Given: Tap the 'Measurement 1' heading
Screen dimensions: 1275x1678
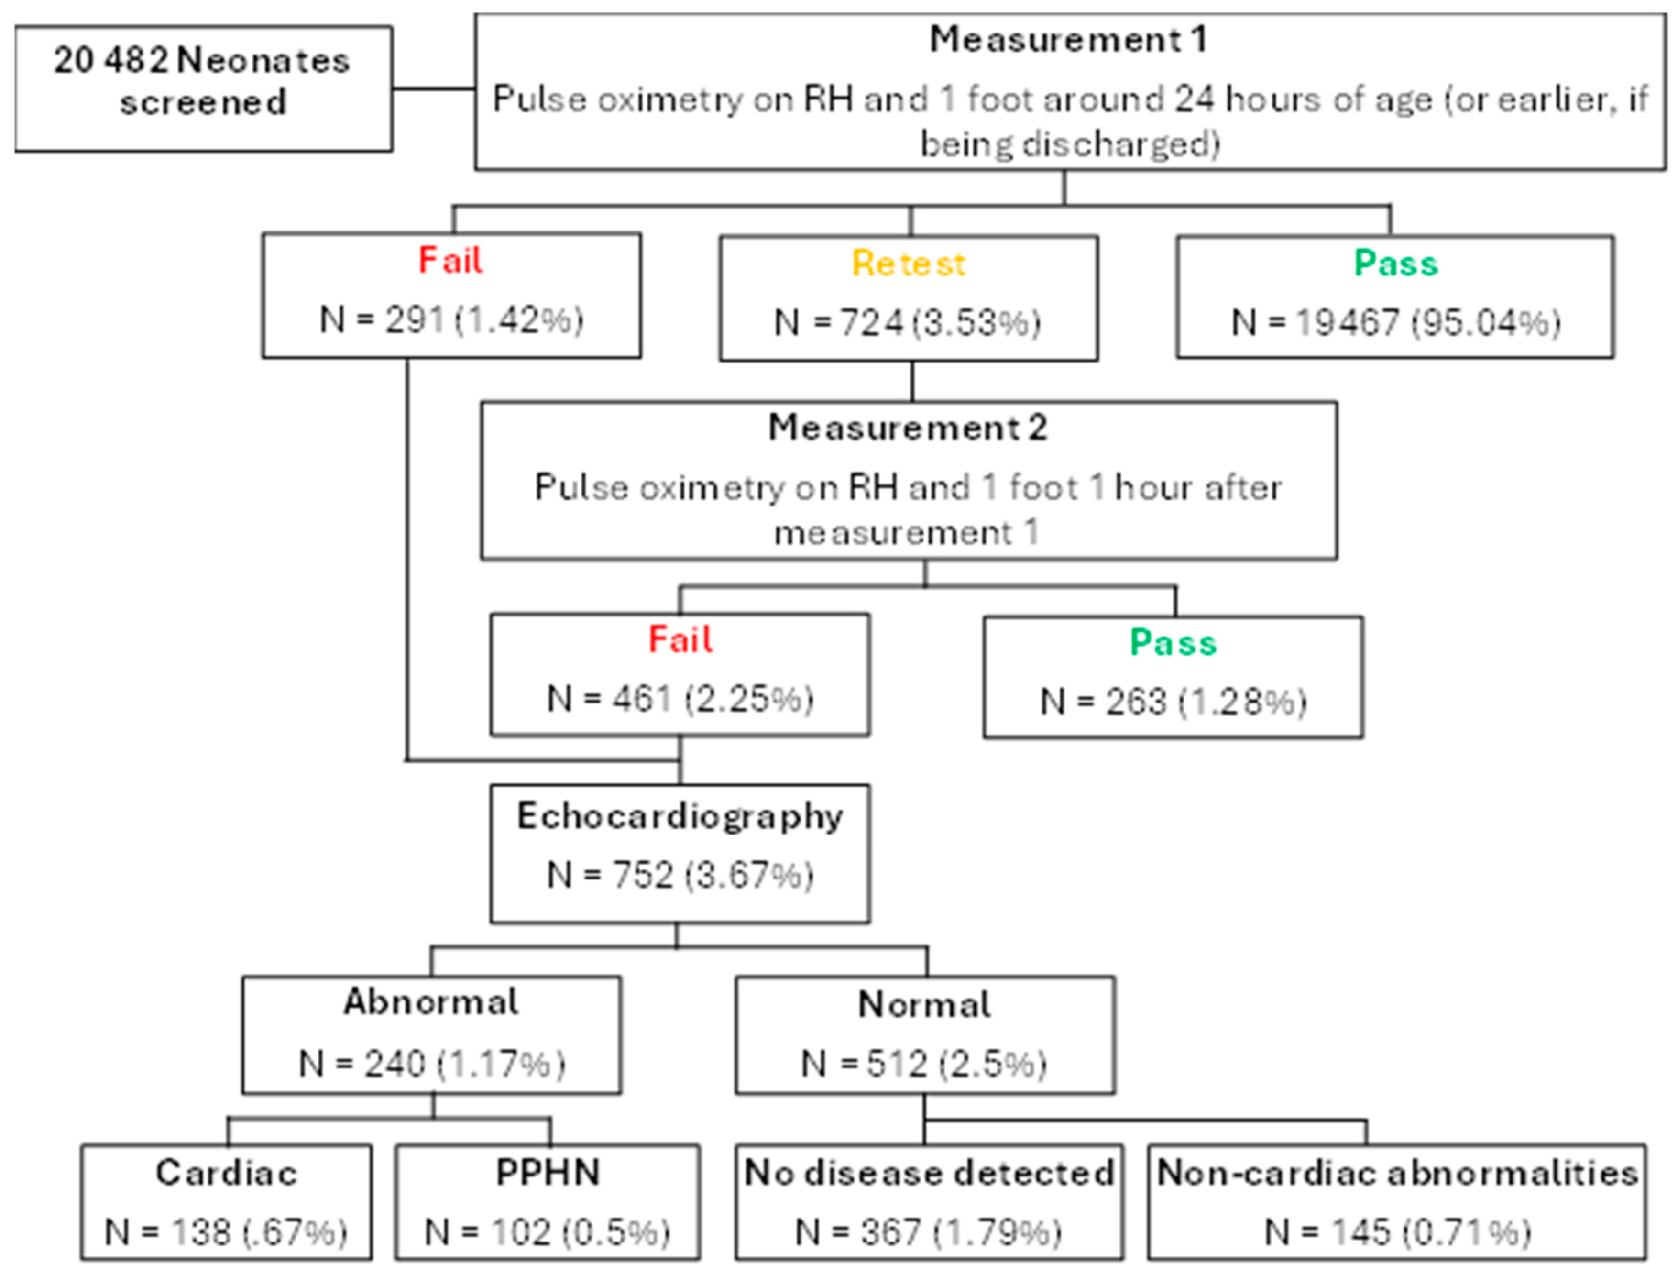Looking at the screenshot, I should tap(1069, 40).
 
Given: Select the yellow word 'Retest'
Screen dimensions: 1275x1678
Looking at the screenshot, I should tap(909, 264).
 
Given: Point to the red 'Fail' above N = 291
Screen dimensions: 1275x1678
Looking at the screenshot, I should tap(451, 260).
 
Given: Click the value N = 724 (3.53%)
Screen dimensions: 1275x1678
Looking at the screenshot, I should tap(908, 322).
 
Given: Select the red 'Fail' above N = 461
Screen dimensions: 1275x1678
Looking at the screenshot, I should tap(680, 640).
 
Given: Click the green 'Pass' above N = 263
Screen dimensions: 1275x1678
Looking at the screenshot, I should tap(1174, 643).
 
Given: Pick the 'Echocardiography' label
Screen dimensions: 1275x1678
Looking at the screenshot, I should tap(680, 817).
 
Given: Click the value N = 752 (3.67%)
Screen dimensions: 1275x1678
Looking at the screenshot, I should tap(680, 875).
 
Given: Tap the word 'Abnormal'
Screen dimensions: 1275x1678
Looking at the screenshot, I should tap(431, 1002).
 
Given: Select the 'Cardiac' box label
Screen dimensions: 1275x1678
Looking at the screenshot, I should tap(226, 1173).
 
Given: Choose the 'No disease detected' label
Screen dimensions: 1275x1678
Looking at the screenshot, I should tap(929, 1173).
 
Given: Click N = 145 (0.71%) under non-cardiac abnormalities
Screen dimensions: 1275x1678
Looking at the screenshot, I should tap(1396, 1232).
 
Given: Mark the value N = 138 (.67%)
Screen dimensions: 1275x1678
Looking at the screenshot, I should tap(226, 1232).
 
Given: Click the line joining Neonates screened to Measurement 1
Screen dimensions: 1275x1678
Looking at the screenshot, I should tap(433, 89).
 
